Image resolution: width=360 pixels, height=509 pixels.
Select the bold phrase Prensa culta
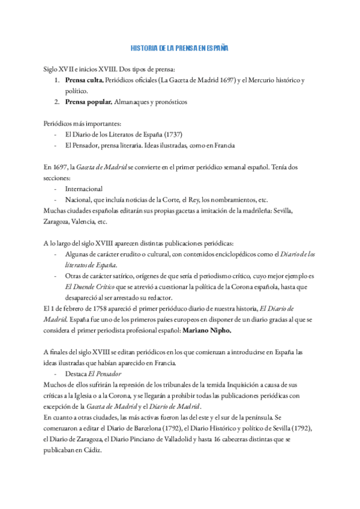pos(84,80)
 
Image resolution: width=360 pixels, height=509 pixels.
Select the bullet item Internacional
pos(83,188)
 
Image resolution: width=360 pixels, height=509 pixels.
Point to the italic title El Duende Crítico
pos(90,287)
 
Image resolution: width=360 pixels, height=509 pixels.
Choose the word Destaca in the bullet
pos(76,373)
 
